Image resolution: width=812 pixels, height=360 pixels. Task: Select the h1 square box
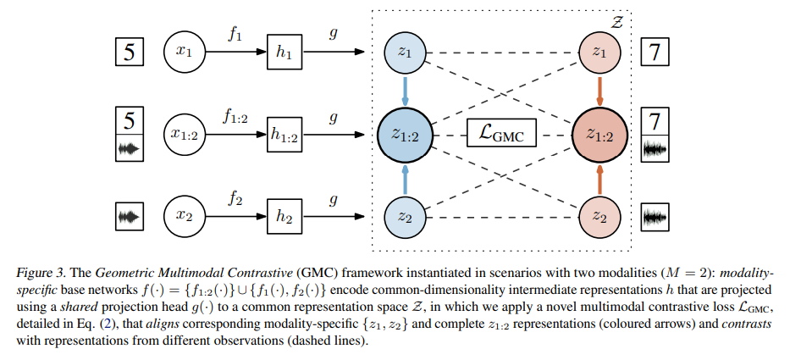coord(284,53)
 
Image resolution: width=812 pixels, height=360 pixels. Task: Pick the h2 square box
coord(284,217)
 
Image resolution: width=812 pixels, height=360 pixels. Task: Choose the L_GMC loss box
coord(502,135)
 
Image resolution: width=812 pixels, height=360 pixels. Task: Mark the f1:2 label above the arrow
coord(235,119)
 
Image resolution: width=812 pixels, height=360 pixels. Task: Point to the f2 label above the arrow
coord(235,199)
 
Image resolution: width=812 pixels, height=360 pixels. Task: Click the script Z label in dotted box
coord(616,22)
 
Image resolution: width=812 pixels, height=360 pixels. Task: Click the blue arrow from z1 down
coord(405,91)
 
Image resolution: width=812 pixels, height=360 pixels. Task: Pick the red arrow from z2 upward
coord(599,178)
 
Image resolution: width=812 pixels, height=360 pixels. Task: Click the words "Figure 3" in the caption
coord(36,273)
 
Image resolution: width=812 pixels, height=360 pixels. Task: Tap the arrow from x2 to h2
coord(237,217)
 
